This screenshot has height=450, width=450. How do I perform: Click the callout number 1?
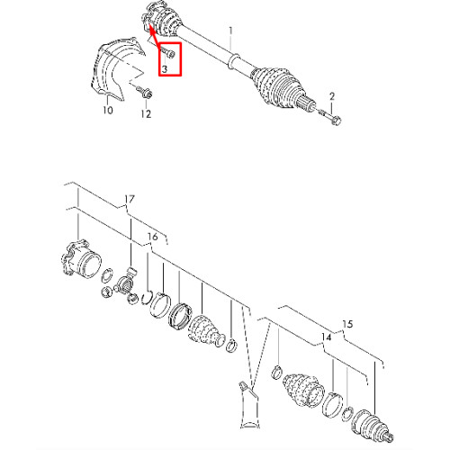point(230,31)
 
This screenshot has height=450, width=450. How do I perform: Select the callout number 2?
point(332,96)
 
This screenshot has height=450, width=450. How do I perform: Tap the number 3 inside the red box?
point(165,69)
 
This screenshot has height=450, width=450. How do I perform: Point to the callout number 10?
point(108,110)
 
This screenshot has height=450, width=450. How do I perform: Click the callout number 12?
point(146,114)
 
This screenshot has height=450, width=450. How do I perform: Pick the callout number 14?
point(326,337)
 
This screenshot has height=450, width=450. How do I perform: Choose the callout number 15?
point(347,324)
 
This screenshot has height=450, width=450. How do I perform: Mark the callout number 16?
point(152,237)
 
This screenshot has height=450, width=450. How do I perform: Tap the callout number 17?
point(130,199)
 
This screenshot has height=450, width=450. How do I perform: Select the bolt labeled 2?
point(329,118)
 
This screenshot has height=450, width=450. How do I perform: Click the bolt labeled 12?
point(144,92)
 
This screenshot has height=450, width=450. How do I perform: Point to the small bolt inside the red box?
point(168,53)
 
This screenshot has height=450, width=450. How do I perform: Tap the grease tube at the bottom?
point(248,405)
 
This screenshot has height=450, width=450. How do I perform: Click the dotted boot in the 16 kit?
point(206,331)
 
